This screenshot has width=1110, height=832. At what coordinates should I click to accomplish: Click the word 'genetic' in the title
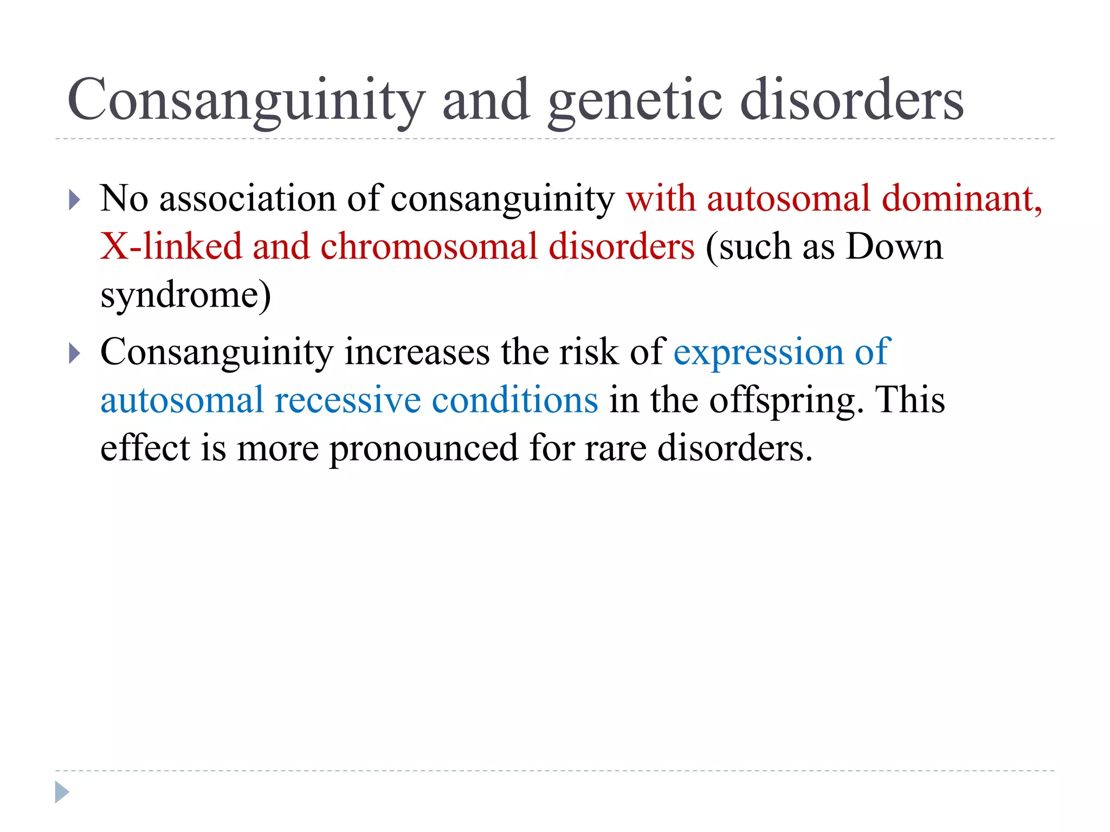(635, 100)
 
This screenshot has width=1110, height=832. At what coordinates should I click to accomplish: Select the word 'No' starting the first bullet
(124, 198)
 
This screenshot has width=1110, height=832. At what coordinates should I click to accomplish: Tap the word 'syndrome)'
(185, 295)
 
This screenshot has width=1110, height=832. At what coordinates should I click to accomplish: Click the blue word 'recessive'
(347, 400)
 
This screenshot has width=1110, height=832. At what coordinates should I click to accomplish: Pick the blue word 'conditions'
(515, 400)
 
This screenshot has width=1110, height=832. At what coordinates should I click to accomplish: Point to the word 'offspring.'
(786, 401)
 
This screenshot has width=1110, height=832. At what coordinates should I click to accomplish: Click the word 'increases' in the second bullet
(417, 353)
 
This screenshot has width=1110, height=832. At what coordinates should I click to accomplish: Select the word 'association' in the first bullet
(248, 198)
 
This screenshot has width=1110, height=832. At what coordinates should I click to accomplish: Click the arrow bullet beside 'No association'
(75, 200)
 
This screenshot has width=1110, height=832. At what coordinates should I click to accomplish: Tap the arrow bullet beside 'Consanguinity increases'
(75, 354)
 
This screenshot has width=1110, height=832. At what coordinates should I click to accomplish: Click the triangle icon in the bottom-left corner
(62, 792)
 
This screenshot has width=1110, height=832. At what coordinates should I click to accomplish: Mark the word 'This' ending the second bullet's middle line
(911, 400)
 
